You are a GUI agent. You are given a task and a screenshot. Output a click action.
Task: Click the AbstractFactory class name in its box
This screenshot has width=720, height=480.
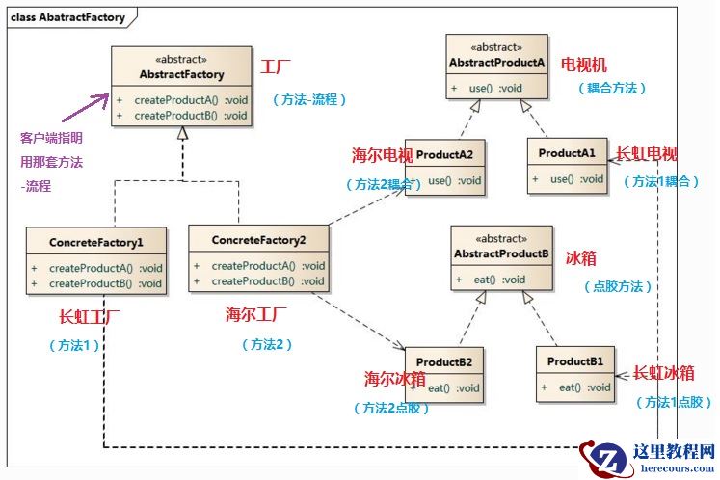181,74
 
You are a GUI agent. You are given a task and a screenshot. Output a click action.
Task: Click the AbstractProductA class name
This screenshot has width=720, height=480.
496,63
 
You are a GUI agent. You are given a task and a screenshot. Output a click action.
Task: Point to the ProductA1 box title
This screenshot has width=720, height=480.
567,153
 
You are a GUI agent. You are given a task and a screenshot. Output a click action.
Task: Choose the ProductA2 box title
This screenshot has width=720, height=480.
444,154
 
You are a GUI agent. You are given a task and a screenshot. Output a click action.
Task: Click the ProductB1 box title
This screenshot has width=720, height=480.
575,361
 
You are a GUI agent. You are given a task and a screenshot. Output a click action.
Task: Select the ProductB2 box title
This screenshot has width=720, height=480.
444,362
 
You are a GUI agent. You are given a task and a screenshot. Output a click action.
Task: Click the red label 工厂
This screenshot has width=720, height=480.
276,67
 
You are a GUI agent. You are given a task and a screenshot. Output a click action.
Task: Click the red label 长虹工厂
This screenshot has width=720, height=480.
92,315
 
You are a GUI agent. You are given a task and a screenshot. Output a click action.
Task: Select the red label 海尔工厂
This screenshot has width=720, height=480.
257,313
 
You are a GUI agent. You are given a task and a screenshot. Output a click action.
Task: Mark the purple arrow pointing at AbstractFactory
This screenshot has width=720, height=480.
96,104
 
